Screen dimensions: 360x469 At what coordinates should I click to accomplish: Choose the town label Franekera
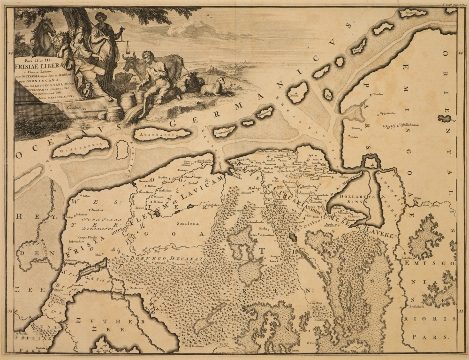coord(97,209)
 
